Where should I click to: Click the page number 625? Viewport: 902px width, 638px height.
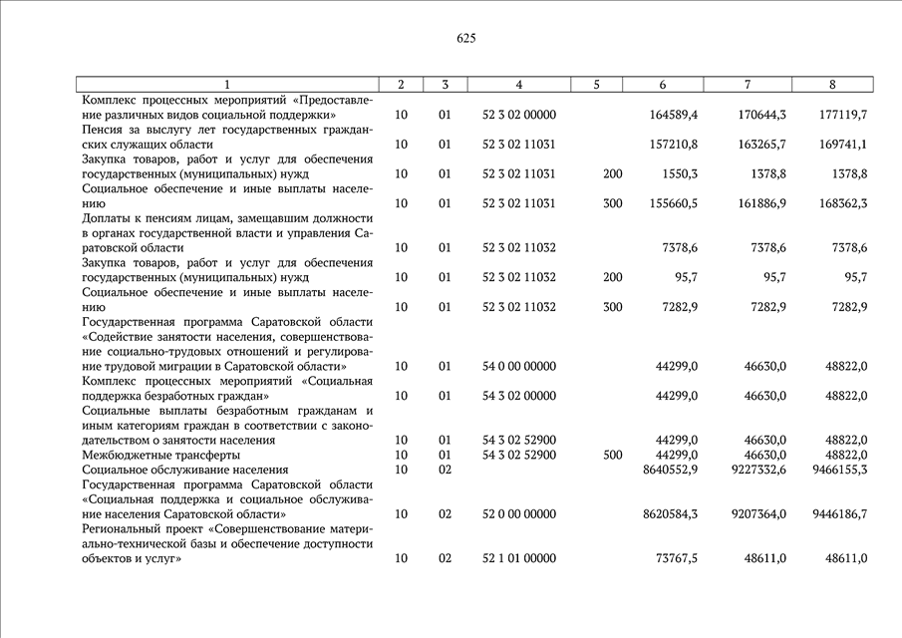[465, 39]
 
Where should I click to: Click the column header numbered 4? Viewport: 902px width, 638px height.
[519, 85]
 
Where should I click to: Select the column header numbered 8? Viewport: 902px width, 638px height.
[832, 85]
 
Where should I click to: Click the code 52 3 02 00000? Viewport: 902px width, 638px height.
[519, 115]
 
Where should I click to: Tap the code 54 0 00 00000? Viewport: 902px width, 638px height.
[519, 367]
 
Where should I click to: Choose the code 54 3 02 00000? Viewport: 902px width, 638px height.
[519, 396]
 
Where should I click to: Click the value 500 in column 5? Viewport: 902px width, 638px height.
[613, 455]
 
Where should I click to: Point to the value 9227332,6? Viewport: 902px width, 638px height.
[753, 470]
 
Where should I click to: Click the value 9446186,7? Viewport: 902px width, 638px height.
[838, 514]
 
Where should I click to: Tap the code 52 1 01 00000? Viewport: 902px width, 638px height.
[519, 559]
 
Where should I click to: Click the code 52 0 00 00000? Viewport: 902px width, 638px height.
[519, 514]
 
